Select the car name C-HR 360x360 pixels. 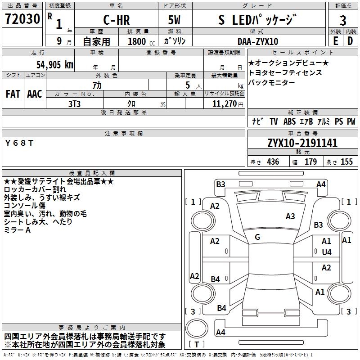[x=116, y=20]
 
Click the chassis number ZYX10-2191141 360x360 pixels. [x=302, y=143]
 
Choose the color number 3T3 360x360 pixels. [x=74, y=103]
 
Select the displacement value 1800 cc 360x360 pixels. [x=137, y=41]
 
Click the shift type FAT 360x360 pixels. [x=13, y=94]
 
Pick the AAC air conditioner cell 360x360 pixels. [x=35, y=94]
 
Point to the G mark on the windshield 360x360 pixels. [x=257, y=237]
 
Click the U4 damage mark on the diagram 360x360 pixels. [x=326, y=252]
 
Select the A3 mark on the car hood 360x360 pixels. [x=290, y=216]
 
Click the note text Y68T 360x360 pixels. [x=19, y=143]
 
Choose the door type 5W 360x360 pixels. [x=175, y=20]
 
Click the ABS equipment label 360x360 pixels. [x=289, y=121]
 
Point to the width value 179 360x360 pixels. [x=311, y=162]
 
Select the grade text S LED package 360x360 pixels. [x=257, y=20]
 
